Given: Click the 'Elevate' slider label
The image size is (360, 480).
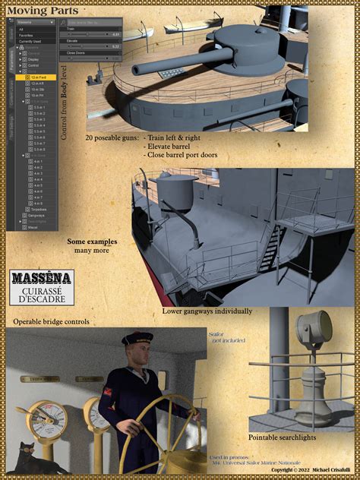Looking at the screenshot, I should (73, 40).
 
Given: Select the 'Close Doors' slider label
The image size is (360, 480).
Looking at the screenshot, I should (76, 52).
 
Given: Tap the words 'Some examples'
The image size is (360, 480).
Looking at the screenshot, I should (92, 242).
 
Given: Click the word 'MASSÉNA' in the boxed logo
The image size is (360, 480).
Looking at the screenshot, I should (43, 278).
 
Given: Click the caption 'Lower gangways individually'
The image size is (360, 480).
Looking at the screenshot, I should (207, 311).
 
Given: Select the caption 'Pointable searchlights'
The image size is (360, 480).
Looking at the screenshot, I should (283, 437).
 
